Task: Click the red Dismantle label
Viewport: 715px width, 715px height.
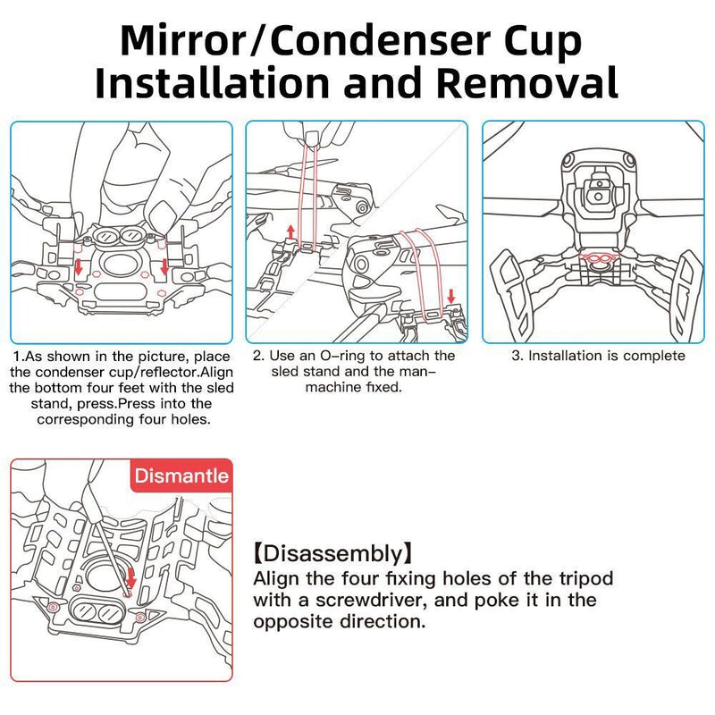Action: tap(181, 475)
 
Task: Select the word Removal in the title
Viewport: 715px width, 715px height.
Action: tap(526, 82)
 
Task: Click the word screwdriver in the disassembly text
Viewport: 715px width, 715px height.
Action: tap(371, 600)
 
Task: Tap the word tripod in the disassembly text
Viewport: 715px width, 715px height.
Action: tap(585, 579)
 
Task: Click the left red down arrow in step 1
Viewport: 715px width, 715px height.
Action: tap(79, 266)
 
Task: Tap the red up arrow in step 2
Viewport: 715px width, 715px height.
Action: tap(290, 232)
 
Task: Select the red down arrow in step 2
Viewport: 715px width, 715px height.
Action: tap(451, 297)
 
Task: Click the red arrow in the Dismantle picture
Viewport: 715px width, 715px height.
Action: tap(131, 578)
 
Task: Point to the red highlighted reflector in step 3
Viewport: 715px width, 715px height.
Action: tap(598, 259)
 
